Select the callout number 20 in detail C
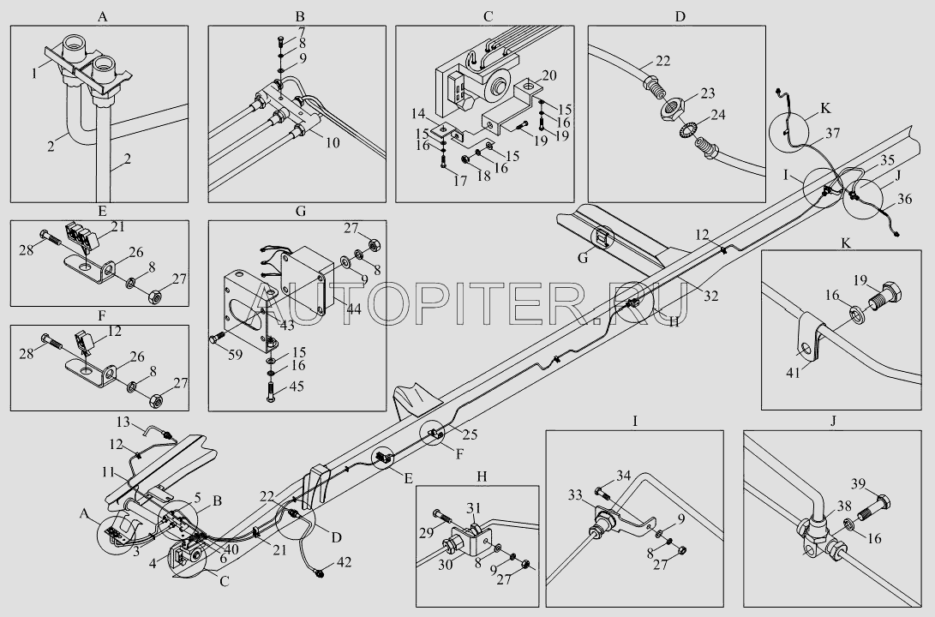pos(550,75)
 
